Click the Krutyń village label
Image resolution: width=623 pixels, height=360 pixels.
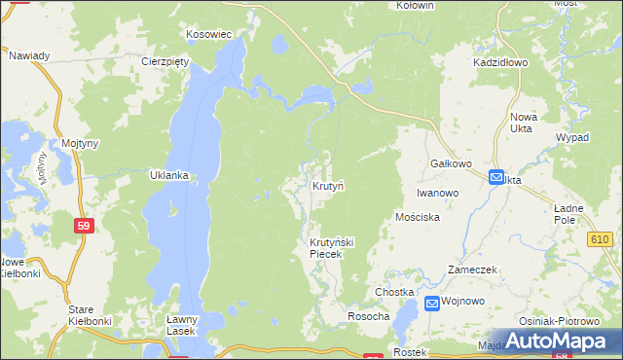point(328,185)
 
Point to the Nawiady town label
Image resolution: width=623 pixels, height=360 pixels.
point(29,55)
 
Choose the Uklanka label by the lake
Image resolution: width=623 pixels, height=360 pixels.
point(167,176)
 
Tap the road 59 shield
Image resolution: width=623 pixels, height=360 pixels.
point(84,225)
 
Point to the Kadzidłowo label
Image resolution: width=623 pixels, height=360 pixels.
point(500,61)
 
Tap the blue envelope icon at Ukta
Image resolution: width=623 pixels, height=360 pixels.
point(496,178)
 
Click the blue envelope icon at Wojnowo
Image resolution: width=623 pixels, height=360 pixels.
point(431,302)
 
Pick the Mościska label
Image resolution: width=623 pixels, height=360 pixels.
point(419,217)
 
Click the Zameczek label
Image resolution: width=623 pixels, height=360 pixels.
point(472,270)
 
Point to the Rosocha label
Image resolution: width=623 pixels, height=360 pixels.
point(369,317)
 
